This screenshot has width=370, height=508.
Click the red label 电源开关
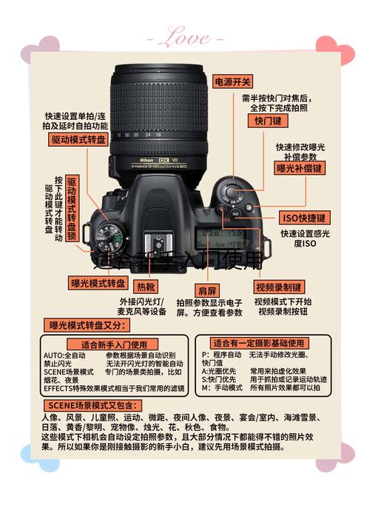[x=233, y=82]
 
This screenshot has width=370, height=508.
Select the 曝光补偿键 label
[x=300, y=169]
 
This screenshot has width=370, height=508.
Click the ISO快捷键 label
[x=304, y=218]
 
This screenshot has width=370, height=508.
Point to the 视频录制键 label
[x=278, y=287]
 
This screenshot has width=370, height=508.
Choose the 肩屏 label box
[x=207, y=290]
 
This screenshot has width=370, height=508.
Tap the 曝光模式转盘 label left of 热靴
[x=98, y=283]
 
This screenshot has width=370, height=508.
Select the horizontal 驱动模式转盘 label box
[x=78, y=139]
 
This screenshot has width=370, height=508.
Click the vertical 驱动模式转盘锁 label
[x=72, y=208]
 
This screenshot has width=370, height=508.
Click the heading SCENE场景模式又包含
[x=91, y=405]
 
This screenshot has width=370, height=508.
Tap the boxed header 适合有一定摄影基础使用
[x=258, y=343]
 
